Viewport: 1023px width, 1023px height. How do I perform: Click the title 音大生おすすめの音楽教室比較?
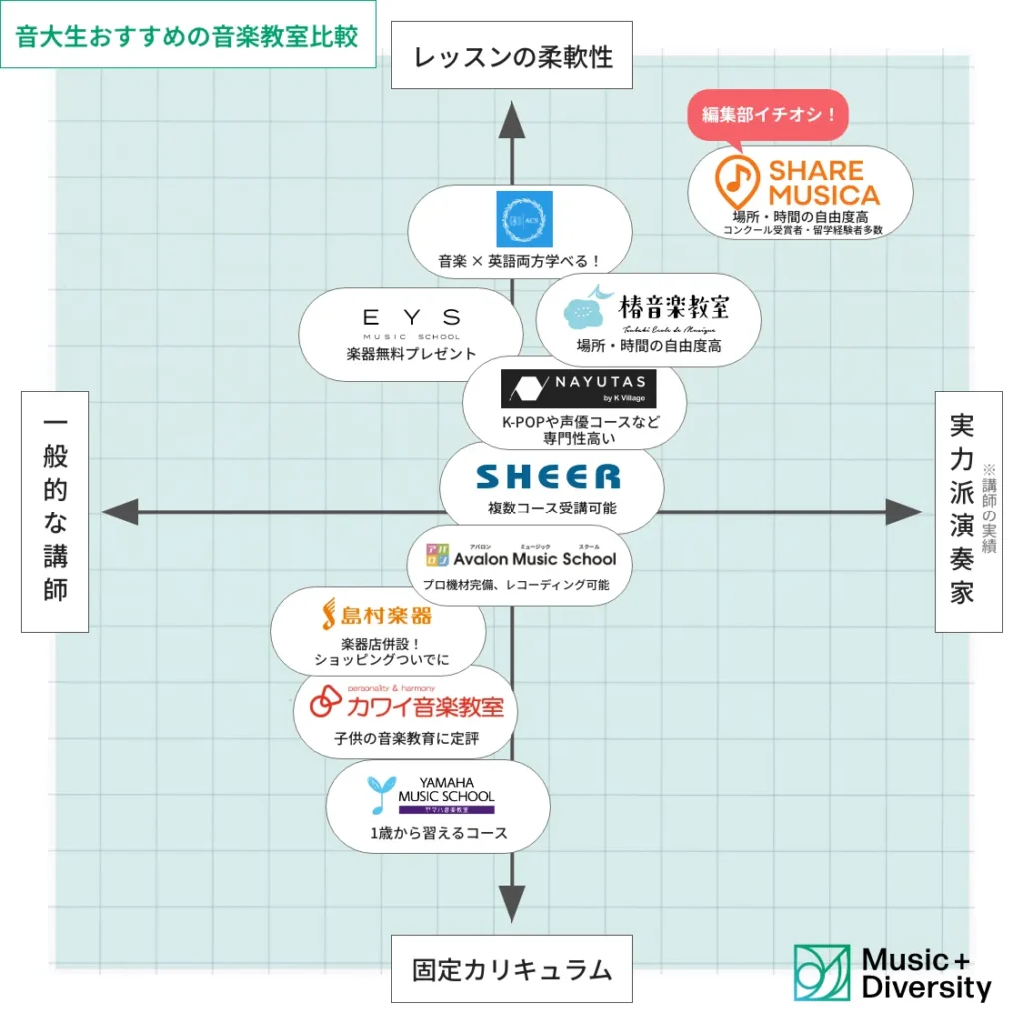187,34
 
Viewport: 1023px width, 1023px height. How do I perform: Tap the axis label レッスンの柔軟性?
512,55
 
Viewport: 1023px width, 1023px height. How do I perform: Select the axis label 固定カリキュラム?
511,968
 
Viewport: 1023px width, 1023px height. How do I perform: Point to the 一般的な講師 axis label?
55,511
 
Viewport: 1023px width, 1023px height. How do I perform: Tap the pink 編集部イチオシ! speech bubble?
768,115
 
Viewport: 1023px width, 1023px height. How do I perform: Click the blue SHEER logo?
548,476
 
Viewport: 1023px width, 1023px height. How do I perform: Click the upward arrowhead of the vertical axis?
511,119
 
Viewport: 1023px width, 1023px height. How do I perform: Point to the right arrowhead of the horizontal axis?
905,513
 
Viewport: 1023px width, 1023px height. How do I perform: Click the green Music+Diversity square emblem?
822,973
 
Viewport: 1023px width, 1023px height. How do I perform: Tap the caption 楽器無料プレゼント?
411,354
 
